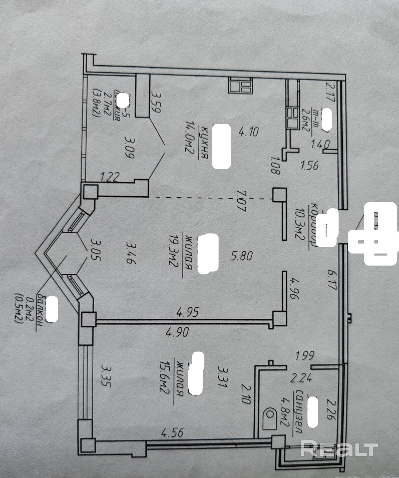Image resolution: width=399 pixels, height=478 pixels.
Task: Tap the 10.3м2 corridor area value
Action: pyautogui.click(x=298, y=222)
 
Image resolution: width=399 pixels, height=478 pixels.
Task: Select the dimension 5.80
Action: pyautogui.click(x=241, y=256)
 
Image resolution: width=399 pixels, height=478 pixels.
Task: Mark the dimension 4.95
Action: pyautogui.click(x=188, y=312)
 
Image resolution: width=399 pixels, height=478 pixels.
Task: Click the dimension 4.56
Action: pyautogui.click(x=172, y=432)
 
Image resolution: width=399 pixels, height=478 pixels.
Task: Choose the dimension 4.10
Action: pyautogui.click(x=248, y=131)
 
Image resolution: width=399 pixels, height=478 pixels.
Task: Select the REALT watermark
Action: pyautogui.click(x=338, y=448)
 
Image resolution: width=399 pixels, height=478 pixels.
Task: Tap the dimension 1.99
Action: pyautogui.click(x=304, y=356)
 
